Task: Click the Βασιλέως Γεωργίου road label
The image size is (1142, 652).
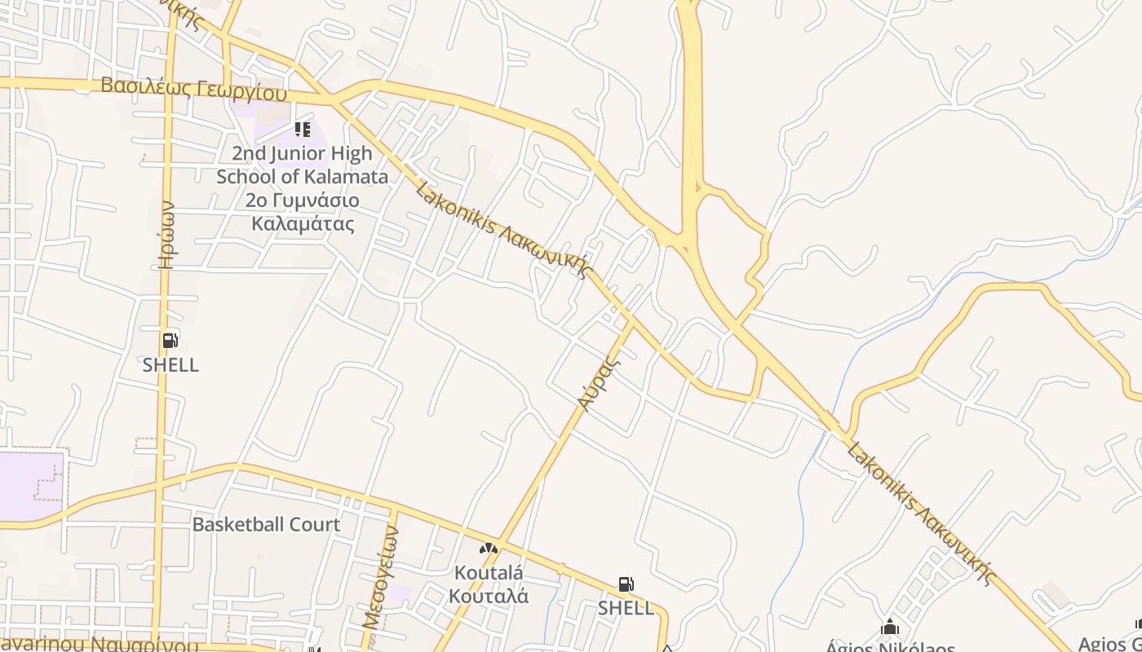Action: click(194, 88)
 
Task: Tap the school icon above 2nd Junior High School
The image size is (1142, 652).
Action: click(303, 129)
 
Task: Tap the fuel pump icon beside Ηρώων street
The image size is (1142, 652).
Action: click(170, 341)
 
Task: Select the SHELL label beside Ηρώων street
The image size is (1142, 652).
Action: click(170, 365)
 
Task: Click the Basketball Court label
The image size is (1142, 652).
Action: click(266, 524)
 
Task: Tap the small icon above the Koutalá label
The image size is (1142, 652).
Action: click(488, 548)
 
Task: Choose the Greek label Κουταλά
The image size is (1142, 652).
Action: click(489, 596)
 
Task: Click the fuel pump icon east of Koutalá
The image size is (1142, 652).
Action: click(626, 584)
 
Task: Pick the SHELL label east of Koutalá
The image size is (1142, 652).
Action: click(626, 608)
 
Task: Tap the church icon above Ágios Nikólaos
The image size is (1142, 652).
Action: click(890, 627)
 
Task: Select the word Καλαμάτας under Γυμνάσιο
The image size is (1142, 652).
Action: click(303, 223)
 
